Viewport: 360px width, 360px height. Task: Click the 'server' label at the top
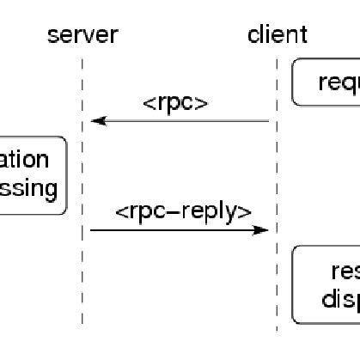(82, 35)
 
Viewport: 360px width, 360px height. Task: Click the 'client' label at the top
(277, 35)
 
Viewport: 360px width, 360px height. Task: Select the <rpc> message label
(176, 103)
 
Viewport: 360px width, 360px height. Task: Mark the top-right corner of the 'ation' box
(64, 138)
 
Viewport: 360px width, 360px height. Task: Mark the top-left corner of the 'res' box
(295, 249)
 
